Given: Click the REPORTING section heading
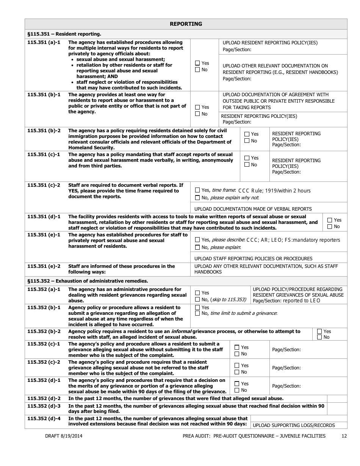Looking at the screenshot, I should point(186,24).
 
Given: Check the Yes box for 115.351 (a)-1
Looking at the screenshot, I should point(197,63).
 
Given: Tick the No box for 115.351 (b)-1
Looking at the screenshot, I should point(197,114).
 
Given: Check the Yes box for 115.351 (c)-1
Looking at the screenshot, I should point(247,158).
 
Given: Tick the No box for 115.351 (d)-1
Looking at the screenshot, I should point(330,227).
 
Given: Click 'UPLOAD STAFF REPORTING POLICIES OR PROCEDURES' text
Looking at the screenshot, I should point(253,258).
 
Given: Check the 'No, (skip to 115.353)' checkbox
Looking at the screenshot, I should point(197,300).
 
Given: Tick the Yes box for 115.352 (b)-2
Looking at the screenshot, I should point(319,331).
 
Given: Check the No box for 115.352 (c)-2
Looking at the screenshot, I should point(237,372).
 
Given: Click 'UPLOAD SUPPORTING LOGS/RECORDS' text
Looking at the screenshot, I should point(294,425).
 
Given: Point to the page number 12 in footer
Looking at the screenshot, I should point(344,436).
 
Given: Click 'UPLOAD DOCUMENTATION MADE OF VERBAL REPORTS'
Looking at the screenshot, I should point(253,209).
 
